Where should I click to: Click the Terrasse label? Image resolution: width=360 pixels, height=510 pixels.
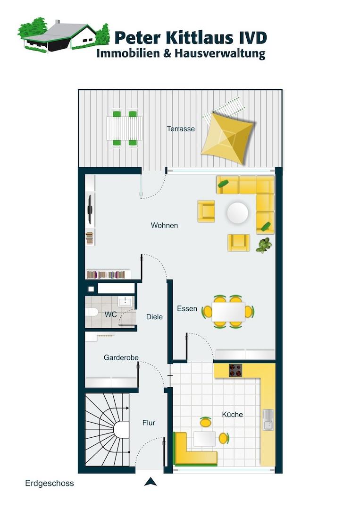pos(181,129)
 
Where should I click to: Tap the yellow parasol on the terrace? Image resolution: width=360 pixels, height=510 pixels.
pos(228,138)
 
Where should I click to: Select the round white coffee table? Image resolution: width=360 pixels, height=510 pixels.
pos(237,213)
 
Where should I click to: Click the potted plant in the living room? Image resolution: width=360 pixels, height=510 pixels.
pos(264,245)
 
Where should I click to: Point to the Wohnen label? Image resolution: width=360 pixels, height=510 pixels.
pos(164,225)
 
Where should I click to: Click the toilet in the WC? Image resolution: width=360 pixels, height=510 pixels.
pos(92,312)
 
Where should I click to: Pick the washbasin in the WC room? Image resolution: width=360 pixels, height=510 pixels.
pos(126,301)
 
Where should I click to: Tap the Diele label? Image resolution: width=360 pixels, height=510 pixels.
pos(154,317)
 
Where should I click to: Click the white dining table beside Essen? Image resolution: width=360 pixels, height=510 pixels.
pos(228,312)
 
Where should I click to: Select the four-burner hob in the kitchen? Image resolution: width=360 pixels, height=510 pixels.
pos(235,370)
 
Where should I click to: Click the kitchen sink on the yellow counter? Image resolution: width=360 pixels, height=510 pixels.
pos(268,419)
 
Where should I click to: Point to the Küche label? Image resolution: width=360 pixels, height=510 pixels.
pos(232,415)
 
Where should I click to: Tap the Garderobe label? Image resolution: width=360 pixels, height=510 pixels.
pos(121,357)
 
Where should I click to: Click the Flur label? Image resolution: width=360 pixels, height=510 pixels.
pos(149,423)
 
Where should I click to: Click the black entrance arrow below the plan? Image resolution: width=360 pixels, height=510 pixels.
pos(151,482)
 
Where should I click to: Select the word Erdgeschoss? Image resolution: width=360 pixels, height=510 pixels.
pos(50,484)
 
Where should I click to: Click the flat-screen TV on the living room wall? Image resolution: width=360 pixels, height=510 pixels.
pos(90,210)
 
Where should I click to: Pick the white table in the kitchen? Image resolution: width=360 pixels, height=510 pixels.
pos(205,439)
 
